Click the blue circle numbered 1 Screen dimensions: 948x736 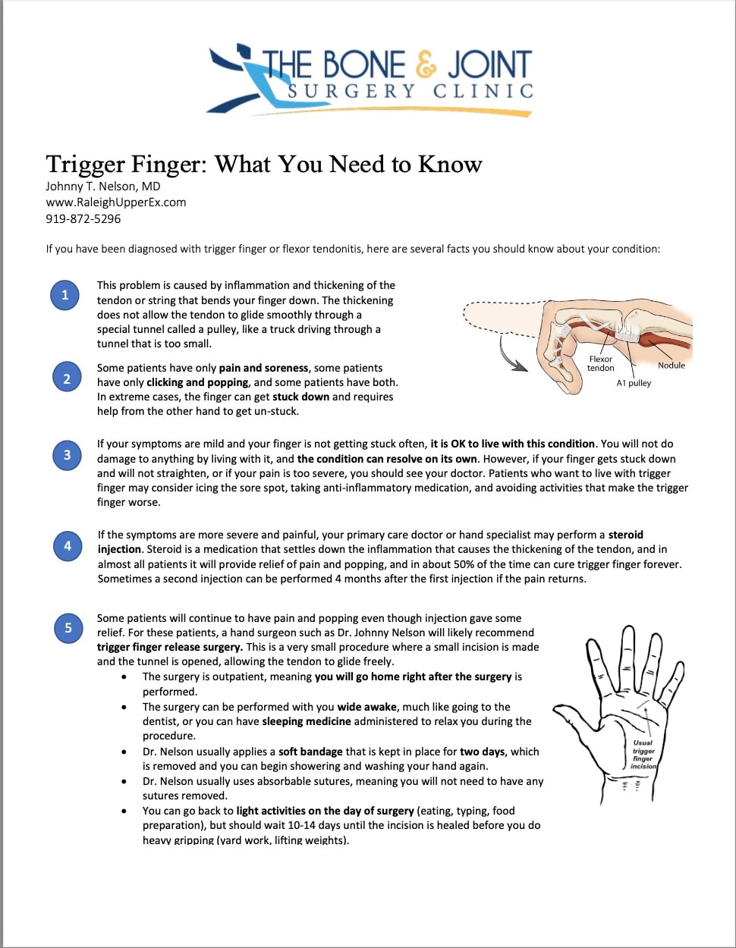coord(64,295)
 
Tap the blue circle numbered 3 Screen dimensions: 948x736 coord(67,454)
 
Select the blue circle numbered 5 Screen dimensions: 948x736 coord(68,627)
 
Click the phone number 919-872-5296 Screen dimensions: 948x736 coord(83,219)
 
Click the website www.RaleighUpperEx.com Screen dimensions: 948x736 coord(115,202)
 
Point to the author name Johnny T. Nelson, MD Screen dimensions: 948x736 coord(102,187)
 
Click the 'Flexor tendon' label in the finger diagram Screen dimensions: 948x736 coord(600,363)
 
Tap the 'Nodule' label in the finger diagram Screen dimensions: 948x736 coord(671,366)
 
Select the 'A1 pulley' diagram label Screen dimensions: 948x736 coord(634,384)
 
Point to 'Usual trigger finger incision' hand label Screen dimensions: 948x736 coord(643,755)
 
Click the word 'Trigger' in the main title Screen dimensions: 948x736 coord(86,164)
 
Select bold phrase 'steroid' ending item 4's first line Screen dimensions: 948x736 coord(625,535)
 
